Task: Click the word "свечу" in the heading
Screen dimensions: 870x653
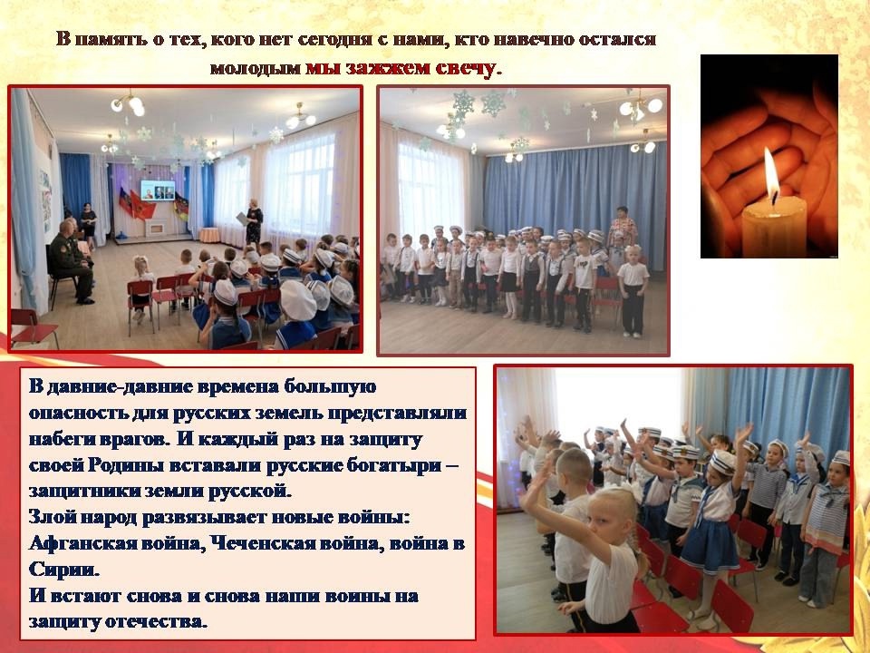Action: (465, 68)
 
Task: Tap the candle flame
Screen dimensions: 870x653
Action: (771, 174)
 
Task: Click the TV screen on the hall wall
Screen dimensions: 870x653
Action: (158, 190)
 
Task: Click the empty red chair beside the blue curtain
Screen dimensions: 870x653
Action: (33, 327)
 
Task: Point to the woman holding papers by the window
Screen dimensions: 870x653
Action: (253, 221)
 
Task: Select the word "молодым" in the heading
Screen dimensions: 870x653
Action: (256, 68)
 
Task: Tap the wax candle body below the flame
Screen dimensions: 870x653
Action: (774, 227)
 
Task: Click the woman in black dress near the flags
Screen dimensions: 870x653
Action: (88, 225)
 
